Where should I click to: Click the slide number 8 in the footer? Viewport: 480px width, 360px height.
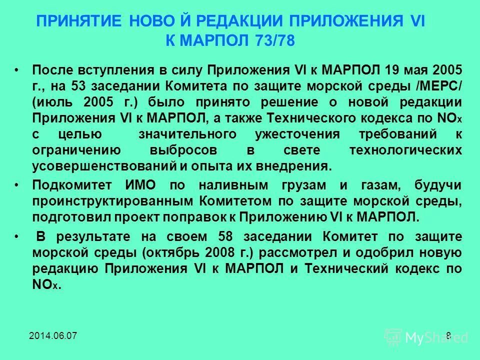tap(448, 335)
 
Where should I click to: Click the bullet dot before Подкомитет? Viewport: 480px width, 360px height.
tap(17, 184)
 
